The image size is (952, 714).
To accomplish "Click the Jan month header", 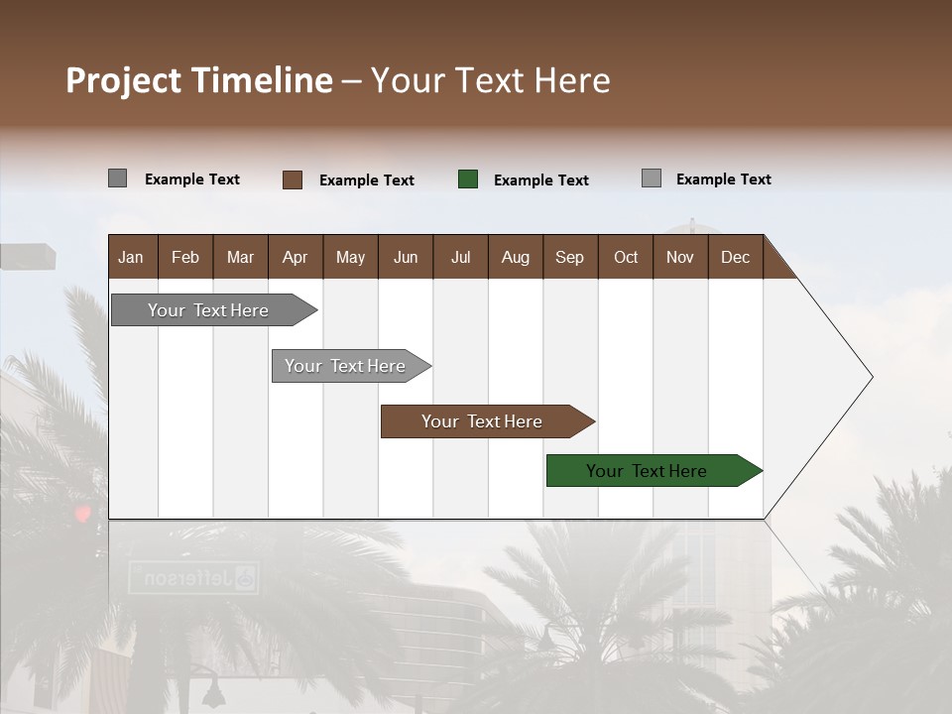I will (x=131, y=257).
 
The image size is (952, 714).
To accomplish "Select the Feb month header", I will (x=185, y=257).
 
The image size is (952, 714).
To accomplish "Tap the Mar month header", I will (x=240, y=257).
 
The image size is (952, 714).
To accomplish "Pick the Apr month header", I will (x=295, y=257).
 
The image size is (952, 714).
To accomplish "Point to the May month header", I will (x=350, y=257).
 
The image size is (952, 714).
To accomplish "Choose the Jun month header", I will (x=406, y=257).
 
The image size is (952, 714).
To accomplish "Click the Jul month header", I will (x=460, y=257).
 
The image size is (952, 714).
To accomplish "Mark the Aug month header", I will (x=515, y=257).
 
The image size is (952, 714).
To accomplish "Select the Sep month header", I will (x=569, y=257).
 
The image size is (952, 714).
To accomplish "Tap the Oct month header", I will (x=626, y=257).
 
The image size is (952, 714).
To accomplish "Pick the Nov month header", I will (x=680, y=257).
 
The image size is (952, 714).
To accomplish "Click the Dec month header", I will (x=735, y=257).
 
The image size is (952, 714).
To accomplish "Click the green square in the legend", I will (x=468, y=179).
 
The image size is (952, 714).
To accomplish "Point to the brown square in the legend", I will (x=293, y=179).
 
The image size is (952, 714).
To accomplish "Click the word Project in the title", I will (x=127, y=80).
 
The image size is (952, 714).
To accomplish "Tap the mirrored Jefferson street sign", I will (x=194, y=577).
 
